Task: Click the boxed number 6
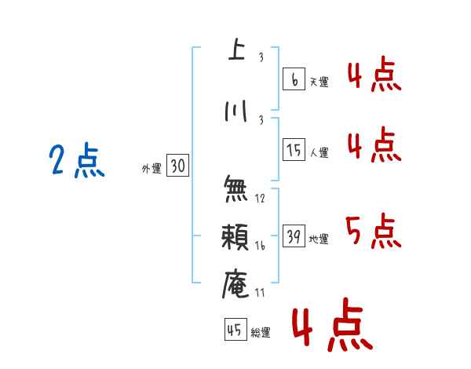pyautogui.click(x=294, y=79)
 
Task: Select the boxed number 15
pyautogui.click(x=294, y=150)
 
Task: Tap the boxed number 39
pyautogui.click(x=294, y=237)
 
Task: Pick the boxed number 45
pyautogui.click(x=235, y=331)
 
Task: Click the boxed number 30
pyautogui.click(x=177, y=166)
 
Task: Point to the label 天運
pyautogui.click(x=319, y=82)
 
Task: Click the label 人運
pyautogui.click(x=319, y=152)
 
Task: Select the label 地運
pyautogui.click(x=319, y=239)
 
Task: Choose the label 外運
pyautogui.click(x=152, y=168)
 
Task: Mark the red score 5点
pyautogui.click(x=373, y=231)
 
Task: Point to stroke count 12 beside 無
pyautogui.click(x=260, y=199)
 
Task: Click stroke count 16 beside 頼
pyautogui.click(x=260, y=246)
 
